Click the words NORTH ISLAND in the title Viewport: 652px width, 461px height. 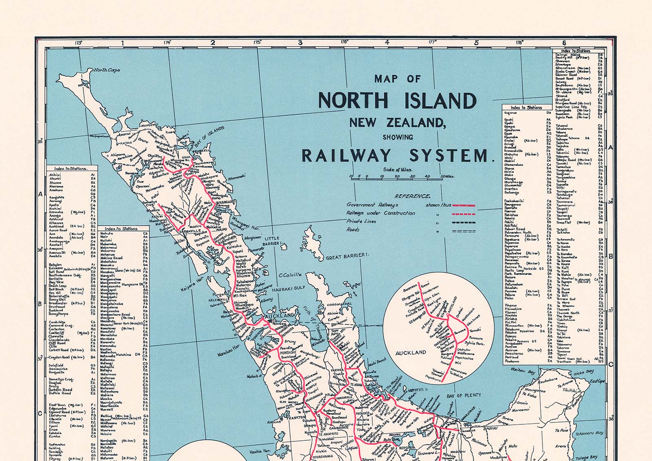click(x=397, y=101)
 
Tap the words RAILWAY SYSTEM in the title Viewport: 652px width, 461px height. click(x=395, y=156)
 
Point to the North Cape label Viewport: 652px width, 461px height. click(x=107, y=70)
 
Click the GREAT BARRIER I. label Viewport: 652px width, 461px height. click(x=347, y=256)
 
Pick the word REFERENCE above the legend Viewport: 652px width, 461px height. click(x=412, y=196)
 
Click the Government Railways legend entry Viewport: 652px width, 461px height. click(x=372, y=205)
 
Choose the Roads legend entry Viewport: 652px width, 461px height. click(x=353, y=230)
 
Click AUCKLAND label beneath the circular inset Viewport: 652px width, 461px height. click(x=411, y=353)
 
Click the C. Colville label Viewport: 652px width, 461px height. click(x=290, y=275)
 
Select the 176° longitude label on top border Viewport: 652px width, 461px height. click(x=344, y=42)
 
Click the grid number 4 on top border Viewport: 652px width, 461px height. click(x=387, y=42)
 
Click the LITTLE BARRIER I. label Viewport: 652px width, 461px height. click(x=272, y=241)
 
